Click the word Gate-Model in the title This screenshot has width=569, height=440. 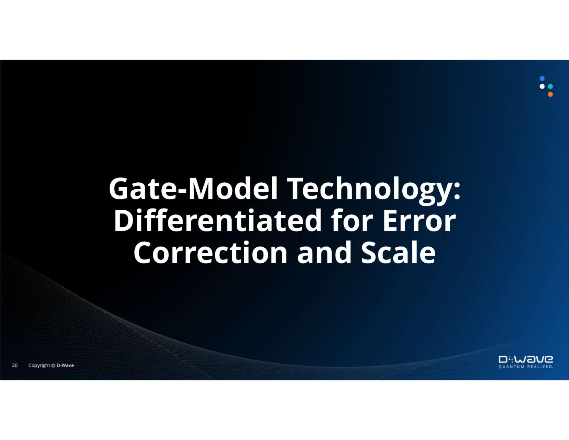pyautogui.click(x=193, y=189)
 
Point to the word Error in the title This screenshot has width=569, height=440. pyautogui.click(x=419, y=221)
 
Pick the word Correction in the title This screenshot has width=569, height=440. pyautogui.click(x=211, y=252)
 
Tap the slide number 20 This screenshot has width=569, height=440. pyautogui.click(x=15, y=365)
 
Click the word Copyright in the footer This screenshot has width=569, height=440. pyautogui.click(x=39, y=366)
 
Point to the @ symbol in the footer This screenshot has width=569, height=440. pyautogui.click(x=53, y=366)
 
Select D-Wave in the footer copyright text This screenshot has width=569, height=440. pyautogui.click(x=65, y=365)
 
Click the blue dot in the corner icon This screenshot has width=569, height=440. pyautogui.click(x=542, y=78)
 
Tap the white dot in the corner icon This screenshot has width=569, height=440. pyautogui.click(x=542, y=86)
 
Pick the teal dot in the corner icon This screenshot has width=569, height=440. pyautogui.click(x=550, y=86)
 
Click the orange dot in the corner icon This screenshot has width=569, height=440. pyautogui.click(x=550, y=94)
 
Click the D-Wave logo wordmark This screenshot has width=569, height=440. pyautogui.click(x=526, y=359)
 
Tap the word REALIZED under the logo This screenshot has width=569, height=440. pyautogui.click(x=540, y=367)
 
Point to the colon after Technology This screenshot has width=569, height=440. pyautogui.click(x=457, y=191)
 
